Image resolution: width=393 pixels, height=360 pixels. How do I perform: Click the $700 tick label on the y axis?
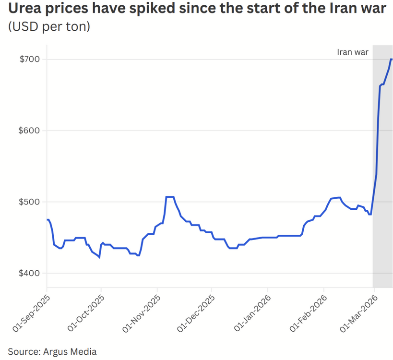click(30, 60)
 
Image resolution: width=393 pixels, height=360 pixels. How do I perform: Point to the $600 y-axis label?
click(29, 131)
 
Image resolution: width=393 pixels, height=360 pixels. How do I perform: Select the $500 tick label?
click(29, 202)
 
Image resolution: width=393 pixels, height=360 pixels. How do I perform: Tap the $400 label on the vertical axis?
click(29, 273)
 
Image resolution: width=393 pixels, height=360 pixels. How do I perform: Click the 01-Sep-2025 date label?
click(31, 313)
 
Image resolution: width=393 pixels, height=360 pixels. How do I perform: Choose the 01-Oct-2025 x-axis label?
click(86, 313)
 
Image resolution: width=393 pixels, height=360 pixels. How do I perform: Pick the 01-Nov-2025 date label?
click(142, 314)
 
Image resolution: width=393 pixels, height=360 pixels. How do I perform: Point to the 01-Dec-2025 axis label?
click(196, 314)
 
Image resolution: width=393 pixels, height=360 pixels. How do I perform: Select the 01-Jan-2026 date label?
click(252, 313)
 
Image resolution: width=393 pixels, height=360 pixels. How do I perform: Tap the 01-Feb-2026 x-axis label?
click(309, 313)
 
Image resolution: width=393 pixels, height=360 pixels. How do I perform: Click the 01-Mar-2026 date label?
click(358, 313)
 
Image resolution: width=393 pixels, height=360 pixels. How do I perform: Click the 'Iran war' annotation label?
click(353, 52)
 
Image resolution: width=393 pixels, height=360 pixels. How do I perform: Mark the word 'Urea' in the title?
click(24, 8)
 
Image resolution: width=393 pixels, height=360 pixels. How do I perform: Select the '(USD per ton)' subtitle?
click(49, 26)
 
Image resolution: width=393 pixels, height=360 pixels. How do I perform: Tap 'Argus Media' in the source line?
click(70, 351)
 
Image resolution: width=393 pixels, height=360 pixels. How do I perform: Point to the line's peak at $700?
click(391, 60)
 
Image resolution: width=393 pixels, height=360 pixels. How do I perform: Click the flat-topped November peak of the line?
click(170, 197)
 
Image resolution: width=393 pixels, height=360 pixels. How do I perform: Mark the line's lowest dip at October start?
click(99, 257)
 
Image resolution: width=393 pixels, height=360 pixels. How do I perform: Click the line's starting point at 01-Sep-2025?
click(47, 220)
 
